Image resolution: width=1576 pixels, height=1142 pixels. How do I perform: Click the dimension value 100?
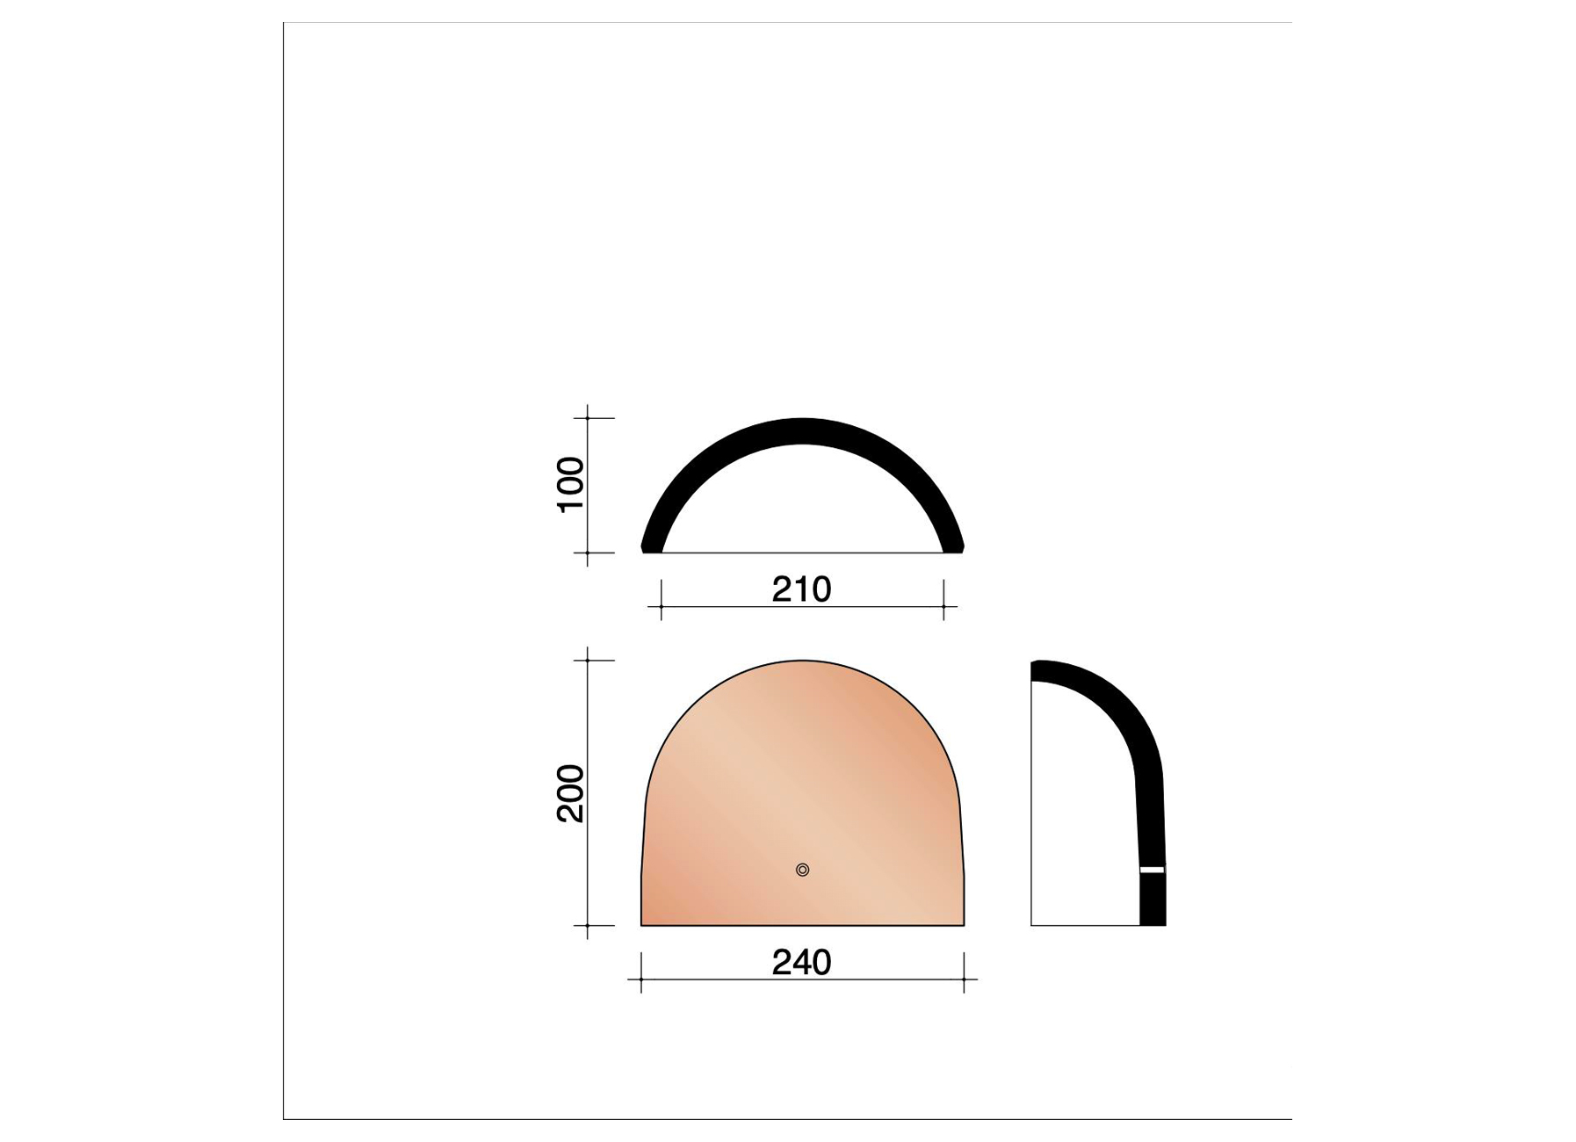coord(571,485)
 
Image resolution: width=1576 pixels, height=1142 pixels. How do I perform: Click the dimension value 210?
coord(801,589)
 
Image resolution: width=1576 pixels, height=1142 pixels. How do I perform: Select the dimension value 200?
coord(571,793)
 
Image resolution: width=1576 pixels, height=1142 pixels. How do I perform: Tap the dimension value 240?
coord(801,963)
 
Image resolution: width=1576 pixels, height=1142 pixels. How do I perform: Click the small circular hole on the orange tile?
coord(802,870)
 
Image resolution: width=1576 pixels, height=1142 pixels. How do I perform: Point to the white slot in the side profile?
coord(1152,870)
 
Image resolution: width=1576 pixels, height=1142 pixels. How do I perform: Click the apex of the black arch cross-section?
coord(802,430)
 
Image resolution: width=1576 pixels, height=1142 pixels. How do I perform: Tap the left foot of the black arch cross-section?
coord(652,546)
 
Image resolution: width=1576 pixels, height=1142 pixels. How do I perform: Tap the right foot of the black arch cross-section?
coord(953,546)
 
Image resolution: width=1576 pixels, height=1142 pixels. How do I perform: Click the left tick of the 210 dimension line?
coord(661,606)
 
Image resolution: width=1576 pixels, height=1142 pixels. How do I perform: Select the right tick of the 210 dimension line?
coord(943,606)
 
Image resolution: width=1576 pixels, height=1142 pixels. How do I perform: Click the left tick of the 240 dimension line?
coord(641,979)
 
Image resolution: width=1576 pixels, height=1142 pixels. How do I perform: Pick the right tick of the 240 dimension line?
coord(964,979)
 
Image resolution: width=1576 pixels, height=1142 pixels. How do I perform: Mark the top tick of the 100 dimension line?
coord(588,418)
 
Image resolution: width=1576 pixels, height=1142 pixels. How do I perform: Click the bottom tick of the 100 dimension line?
coord(588,553)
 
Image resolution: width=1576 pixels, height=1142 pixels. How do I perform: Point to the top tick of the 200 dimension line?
coord(588,660)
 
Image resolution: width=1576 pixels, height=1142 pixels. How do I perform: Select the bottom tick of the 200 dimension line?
coord(588,925)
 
